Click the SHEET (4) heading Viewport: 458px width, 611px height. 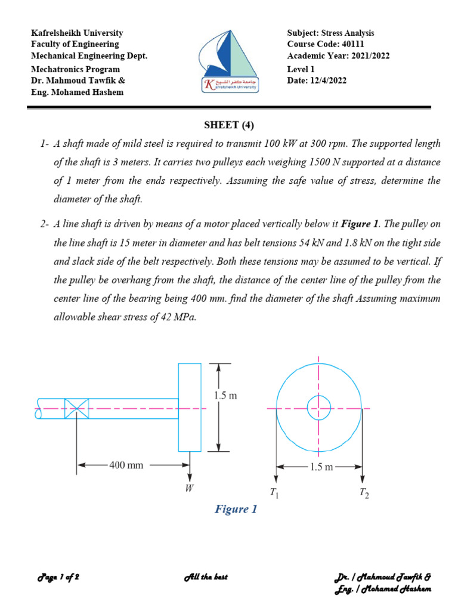[229, 125]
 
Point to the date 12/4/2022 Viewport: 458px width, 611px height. [327, 81]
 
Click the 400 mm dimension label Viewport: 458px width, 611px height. [126, 465]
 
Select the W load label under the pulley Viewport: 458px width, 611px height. [190, 489]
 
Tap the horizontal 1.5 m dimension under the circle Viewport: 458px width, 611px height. [320, 467]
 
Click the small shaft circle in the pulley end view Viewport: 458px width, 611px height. [318, 409]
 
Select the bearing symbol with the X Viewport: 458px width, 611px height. [76, 409]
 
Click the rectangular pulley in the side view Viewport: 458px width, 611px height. [190, 407]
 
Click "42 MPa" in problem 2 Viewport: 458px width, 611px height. [178, 317]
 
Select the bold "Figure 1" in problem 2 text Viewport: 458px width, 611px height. [360, 224]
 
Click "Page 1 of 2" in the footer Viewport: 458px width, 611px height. [58, 578]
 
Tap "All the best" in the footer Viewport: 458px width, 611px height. [206, 578]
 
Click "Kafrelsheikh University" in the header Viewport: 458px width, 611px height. [77, 33]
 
